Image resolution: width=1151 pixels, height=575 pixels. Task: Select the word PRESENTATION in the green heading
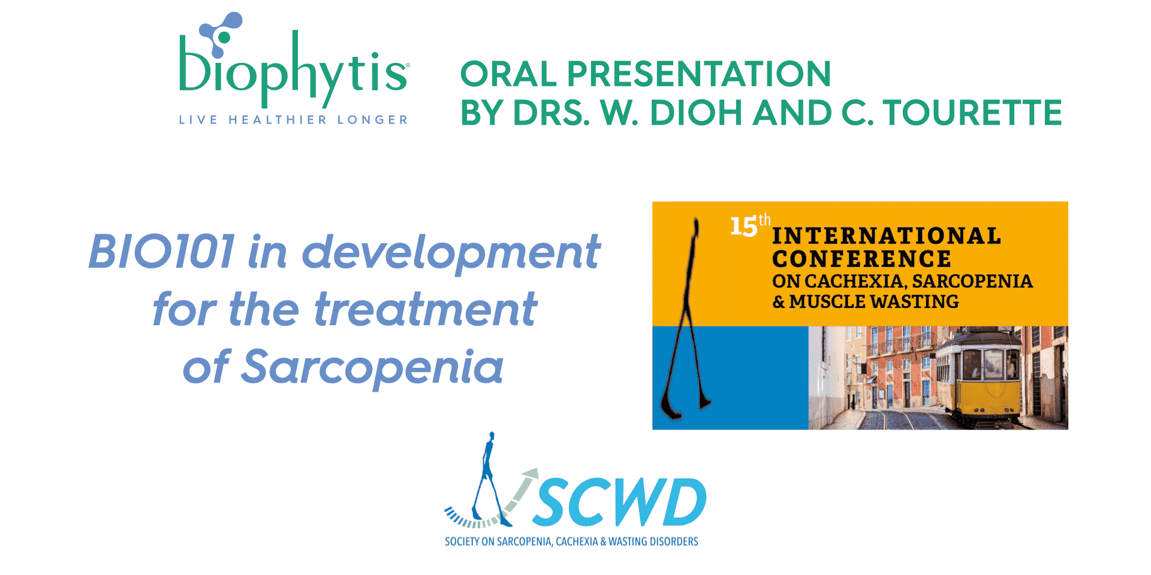pyautogui.click(x=699, y=74)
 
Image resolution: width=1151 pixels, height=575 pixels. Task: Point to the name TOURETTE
pyautogui.click(x=972, y=113)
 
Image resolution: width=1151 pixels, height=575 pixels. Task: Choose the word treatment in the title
pyautogui.click(x=426, y=309)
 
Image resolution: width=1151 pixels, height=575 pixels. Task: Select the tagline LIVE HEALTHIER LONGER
pyautogui.click(x=294, y=120)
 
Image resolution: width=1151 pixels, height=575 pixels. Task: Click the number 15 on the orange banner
pyautogui.click(x=743, y=227)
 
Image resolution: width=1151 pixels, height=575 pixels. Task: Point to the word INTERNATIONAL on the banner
pyautogui.click(x=887, y=236)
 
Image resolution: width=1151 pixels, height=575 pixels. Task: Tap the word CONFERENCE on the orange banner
pyautogui.click(x=861, y=259)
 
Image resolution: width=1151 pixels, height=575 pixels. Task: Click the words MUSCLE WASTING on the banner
pyautogui.click(x=874, y=301)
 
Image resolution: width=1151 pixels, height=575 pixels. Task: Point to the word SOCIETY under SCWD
pyautogui.click(x=462, y=541)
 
